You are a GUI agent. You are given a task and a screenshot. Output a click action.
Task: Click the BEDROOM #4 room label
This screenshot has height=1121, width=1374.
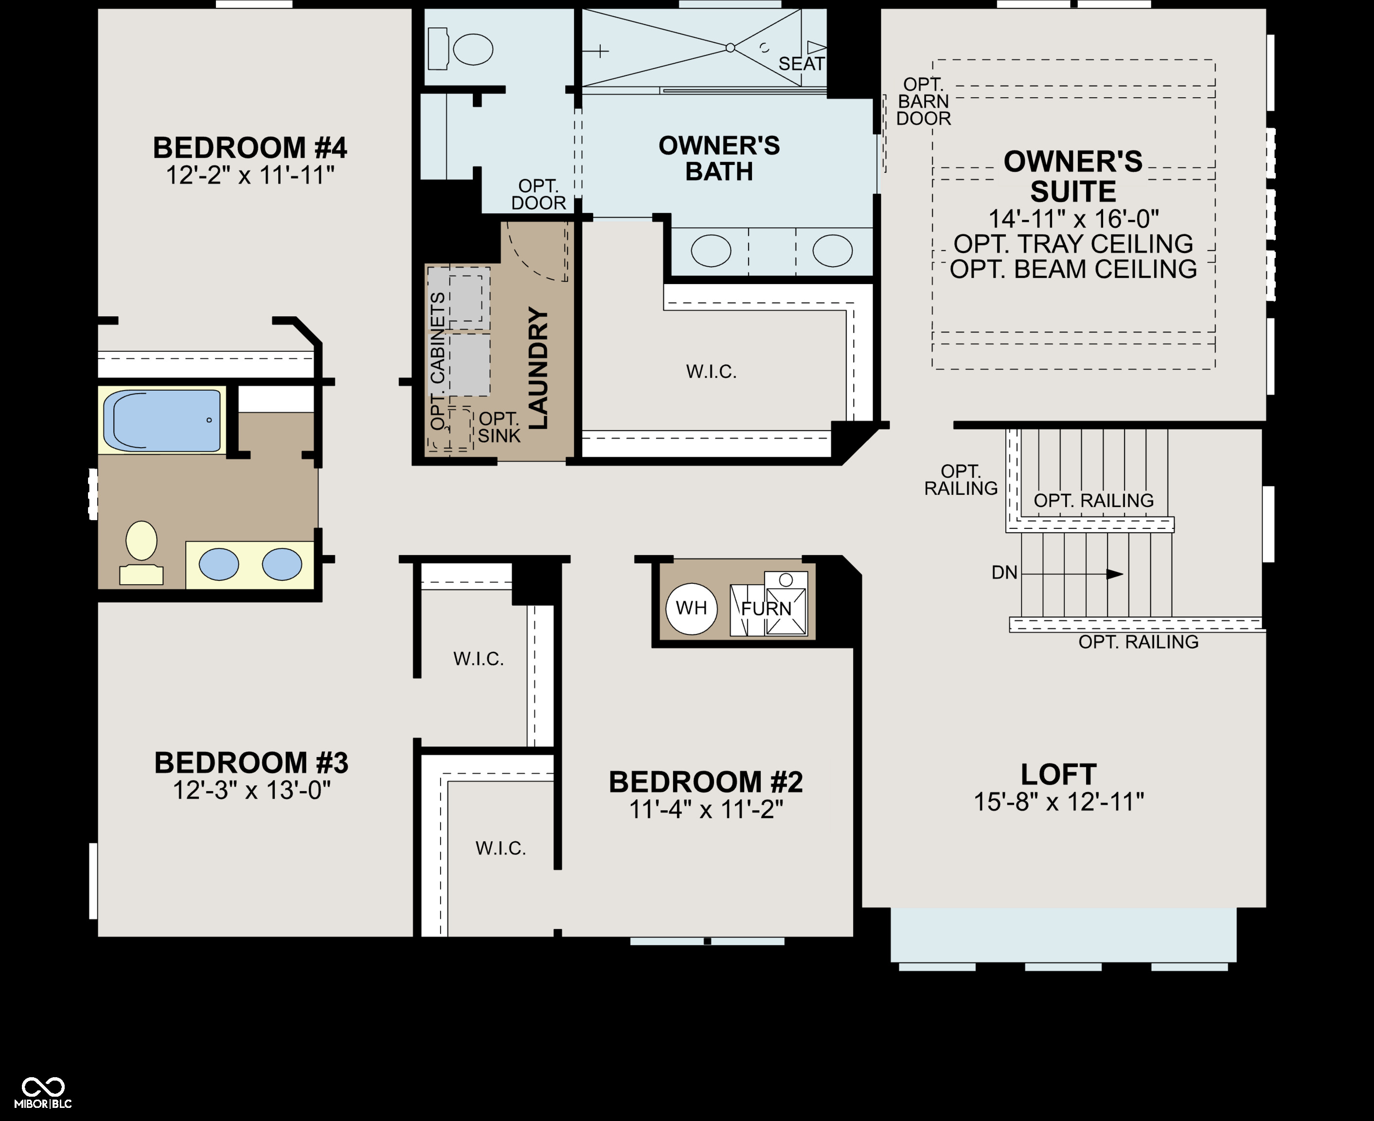pyautogui.click(x=250, y=148)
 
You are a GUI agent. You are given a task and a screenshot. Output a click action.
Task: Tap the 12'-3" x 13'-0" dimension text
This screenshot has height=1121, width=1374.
pyautogui.click(x=251, y=790)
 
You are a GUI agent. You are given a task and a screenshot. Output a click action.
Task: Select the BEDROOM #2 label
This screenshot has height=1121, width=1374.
pyautogui.click(x=706, y=782)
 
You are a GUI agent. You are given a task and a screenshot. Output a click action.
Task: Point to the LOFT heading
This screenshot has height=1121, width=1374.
pyautogui.click(x=1058, y=774)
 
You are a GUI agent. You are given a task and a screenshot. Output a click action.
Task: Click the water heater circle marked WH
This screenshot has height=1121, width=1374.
pyautogui.click(x=691, y=608)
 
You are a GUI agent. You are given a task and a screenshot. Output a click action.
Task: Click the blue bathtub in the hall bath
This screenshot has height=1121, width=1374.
pyautogui.click(x=166, y=420)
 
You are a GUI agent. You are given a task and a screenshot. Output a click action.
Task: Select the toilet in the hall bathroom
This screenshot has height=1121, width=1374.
pyautogui.click(x=142, y=552)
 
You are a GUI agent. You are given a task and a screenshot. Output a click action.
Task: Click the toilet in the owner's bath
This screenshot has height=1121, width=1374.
pyautogui.click(x=460, y=49)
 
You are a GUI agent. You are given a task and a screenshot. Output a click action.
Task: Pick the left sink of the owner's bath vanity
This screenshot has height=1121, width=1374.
pyautogui.click(x=711, y=251)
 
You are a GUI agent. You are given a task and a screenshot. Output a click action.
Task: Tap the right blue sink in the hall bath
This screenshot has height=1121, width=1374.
pyautogui.click(x=282, y=564)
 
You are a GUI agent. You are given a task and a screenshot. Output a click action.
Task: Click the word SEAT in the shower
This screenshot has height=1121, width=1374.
pyautogui.click(x=801, y=64)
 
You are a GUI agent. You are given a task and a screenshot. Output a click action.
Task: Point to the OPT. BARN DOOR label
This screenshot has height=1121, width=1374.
pyautogui.click(x=924, y=101)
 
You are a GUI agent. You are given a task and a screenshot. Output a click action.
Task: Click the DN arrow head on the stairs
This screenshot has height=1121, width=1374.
pyautogui.click(x=1115, y=574)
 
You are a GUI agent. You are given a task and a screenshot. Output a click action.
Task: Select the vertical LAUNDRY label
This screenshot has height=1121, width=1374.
pyautogui.click(x=538, y=368)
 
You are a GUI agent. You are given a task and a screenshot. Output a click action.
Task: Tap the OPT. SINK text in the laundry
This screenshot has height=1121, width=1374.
pyautogui.click(x=499, y=428)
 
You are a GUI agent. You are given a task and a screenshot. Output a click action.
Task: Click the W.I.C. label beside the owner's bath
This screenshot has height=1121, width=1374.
pyautogui.click(x=711, y=371)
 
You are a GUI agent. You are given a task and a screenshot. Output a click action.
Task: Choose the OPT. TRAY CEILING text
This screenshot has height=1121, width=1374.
pyautogui.click(x=1073, y=244)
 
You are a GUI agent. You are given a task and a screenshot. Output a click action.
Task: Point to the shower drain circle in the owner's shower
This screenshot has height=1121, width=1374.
pyautogui.click(x=730, y=48)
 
